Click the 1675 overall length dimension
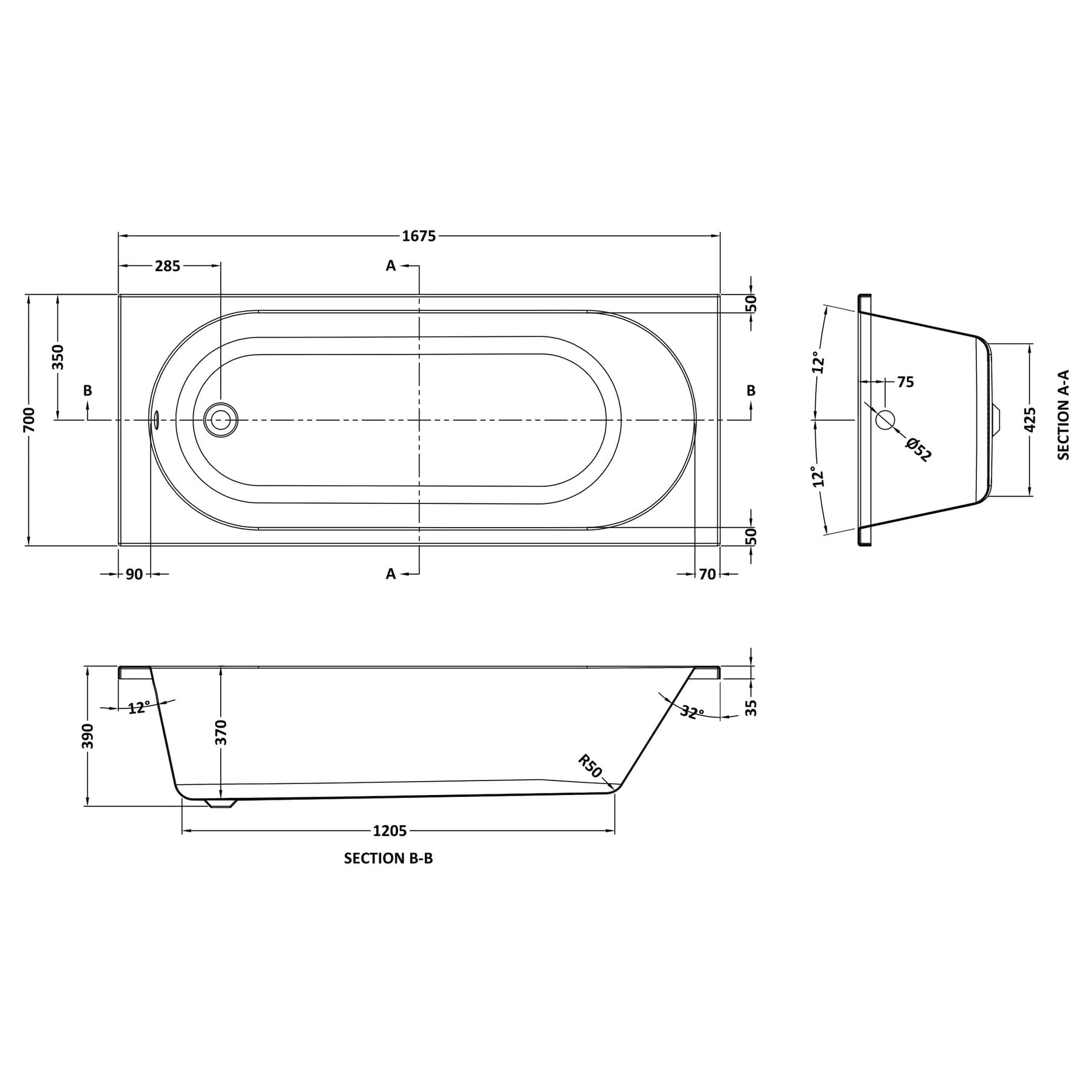(x=419, y=236)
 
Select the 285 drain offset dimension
(x=168, y=266)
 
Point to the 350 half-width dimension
(x=57, y=357)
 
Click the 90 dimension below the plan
(x=134, y=574)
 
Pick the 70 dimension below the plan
(x=707, y=574)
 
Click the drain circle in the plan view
(x=221, y=419)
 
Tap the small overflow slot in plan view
(x=155, y=419)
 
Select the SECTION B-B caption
(x=388, y=858)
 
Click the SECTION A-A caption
(x=1064, y=415)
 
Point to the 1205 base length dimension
(x=390, y=831)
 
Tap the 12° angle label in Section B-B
(x=139, y=707)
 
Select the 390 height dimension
(x=88, y=736)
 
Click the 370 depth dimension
(x=221, y=732)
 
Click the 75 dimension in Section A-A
(x=906, y=382)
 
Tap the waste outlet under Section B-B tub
(x=222, y=803)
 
